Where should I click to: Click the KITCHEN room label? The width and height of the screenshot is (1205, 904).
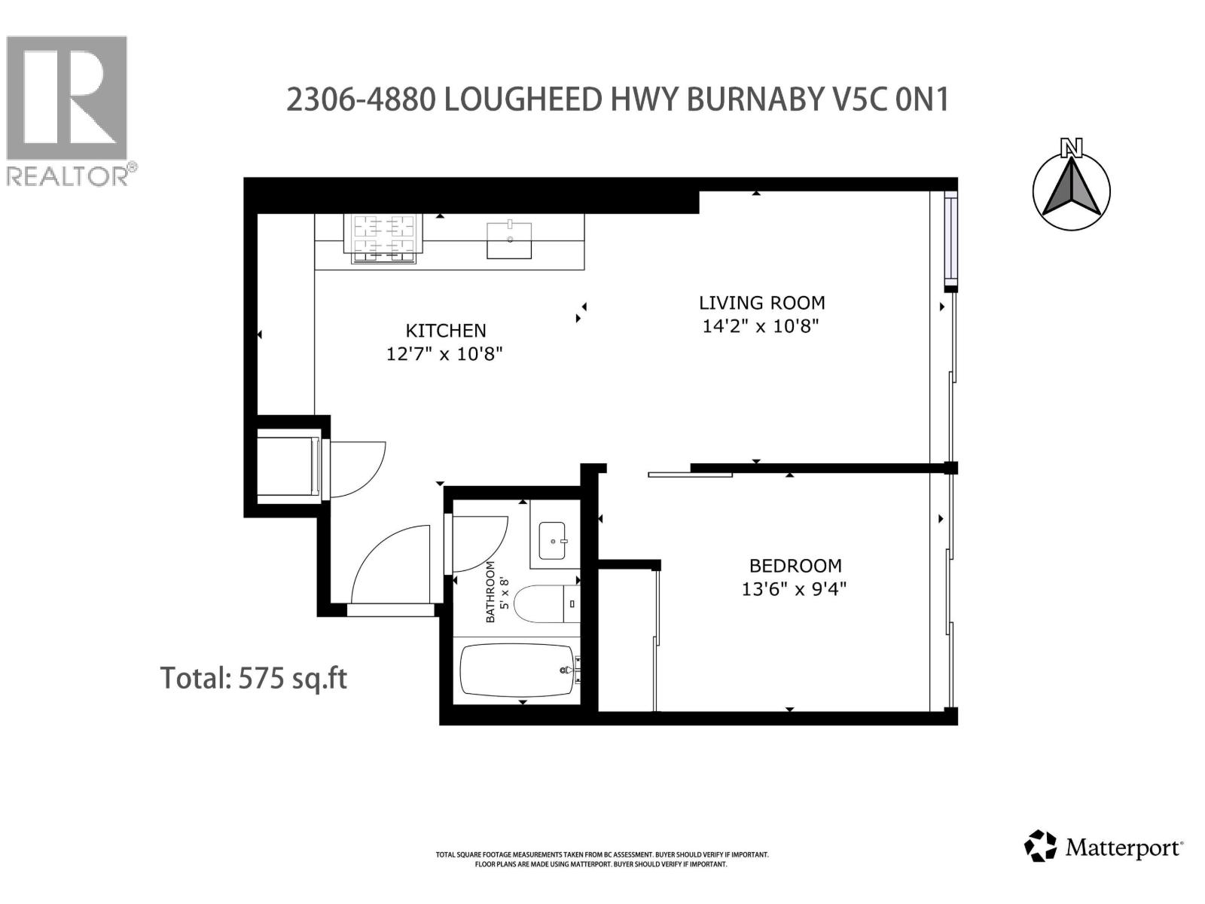coord(446,330)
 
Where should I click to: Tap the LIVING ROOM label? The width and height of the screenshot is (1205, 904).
coord(761,303)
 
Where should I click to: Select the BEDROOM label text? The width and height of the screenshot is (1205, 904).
coord(795,566)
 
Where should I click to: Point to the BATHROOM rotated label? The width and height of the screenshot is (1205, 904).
coord(490,591)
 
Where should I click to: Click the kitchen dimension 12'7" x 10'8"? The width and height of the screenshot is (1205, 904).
coord(444,353)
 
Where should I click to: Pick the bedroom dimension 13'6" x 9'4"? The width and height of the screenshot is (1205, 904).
coord(795,588)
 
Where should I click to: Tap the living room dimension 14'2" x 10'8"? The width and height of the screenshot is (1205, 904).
coord(761,326)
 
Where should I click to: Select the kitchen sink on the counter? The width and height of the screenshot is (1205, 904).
coord(509,240)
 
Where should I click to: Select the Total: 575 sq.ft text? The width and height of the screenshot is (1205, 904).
coord(254,678)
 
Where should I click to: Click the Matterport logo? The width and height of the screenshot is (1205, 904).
coord(1104,847)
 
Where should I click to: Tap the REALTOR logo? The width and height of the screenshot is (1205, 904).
coord(67,109)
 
